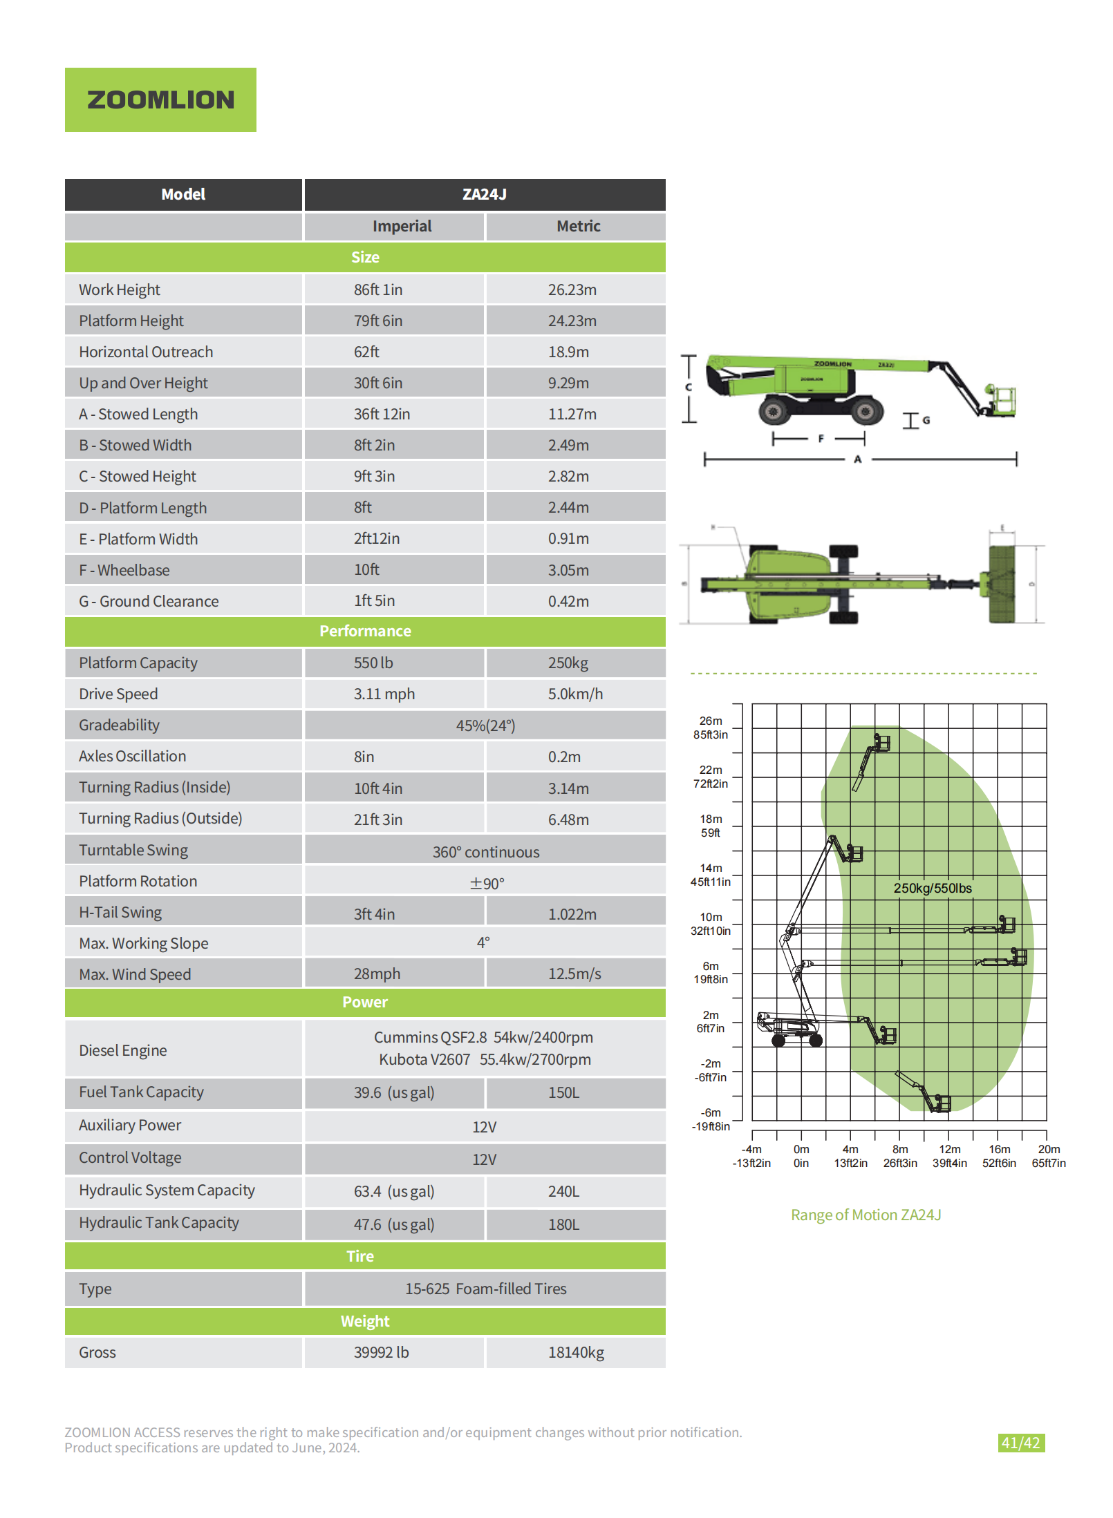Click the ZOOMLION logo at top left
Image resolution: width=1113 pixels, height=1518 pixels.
click(160, 99)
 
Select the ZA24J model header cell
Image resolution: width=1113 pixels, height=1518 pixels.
click(484, 194)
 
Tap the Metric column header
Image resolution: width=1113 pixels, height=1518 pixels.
click(578, 226)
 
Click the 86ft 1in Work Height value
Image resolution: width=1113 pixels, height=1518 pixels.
click(378, 290)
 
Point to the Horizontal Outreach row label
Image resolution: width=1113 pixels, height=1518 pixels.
click(146, 352)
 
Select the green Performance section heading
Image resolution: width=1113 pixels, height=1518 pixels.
click(365, 631)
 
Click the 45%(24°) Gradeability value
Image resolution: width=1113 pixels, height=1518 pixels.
click(485, 725)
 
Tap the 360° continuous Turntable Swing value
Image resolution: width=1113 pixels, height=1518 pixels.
click(485, 852)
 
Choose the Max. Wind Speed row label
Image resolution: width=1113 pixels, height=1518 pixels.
click(135, 974)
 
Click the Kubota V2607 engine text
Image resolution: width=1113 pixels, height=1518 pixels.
click(424, 1059)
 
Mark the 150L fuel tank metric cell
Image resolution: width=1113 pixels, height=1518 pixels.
click(563, 1092)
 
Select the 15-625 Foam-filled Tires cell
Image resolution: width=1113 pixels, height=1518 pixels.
click(485, 1289)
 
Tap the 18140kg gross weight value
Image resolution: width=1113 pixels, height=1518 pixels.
click(576, 1352)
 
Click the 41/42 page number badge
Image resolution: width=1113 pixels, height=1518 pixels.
click(1020, 1443)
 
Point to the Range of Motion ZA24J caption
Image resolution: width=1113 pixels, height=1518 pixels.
click(866, 1215)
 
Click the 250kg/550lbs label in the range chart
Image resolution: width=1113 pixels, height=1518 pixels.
click(932, 888)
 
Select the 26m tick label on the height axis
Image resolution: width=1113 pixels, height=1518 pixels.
click(710, 721)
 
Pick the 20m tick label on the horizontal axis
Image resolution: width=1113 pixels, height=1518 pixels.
click(1048, 1149)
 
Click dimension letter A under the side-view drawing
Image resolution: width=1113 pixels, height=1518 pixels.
click(857, 459)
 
